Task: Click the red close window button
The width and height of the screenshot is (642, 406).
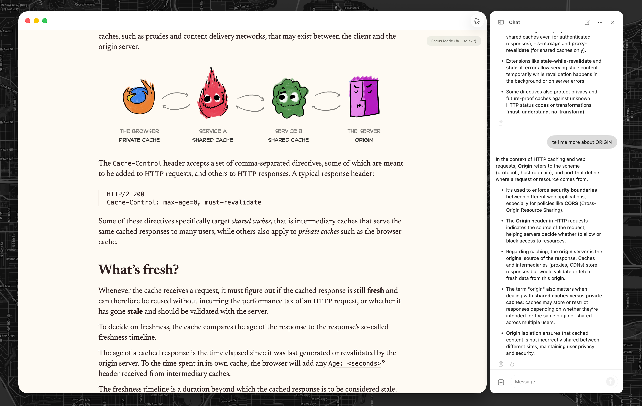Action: coord(28,21)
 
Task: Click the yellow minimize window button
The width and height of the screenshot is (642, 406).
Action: coord(36,21)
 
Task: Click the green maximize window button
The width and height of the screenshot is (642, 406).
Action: coord(45,21)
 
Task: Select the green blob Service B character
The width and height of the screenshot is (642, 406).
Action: coord(290,98)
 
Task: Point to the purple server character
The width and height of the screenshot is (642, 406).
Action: coord(364,97)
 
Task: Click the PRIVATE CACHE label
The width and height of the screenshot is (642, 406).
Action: coord(139,140)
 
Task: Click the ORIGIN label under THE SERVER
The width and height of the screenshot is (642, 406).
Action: coord(364,140)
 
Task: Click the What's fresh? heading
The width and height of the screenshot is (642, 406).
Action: coord(138,269)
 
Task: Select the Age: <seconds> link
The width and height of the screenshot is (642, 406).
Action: coord(355,363)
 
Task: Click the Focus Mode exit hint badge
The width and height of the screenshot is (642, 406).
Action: coord(454,41)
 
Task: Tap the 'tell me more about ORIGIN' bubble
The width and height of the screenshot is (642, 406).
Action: coord(582,142)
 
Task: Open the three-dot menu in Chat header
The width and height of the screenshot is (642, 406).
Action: coord(600,22)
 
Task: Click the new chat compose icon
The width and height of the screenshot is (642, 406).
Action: coord(587,22)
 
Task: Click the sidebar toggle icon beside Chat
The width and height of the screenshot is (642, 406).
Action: coord(501,22)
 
